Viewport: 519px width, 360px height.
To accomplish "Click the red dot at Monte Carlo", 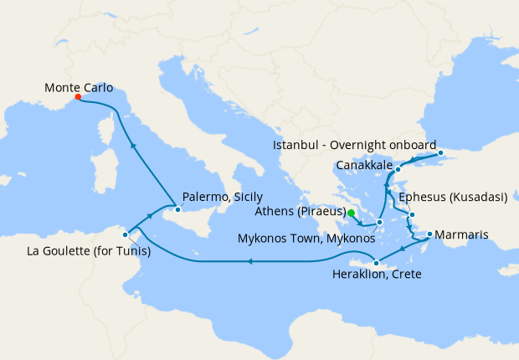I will (x=78, y=96).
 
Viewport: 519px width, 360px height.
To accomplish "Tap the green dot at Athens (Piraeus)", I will (x=352, y=213).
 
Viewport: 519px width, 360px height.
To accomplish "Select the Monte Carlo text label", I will (x=79, y=86).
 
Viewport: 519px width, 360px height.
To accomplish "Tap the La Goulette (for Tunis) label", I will (x=81, y=249).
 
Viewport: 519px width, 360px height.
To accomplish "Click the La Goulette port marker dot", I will (x=125, y=234).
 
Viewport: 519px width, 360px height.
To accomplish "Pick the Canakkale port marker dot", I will (x=398, y=169).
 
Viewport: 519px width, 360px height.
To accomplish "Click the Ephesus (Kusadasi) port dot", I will (x=412, y=215).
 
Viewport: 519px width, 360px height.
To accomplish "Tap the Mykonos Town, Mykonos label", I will (x=306, y=239).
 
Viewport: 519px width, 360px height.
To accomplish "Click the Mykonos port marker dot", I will (x=379, y=222).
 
